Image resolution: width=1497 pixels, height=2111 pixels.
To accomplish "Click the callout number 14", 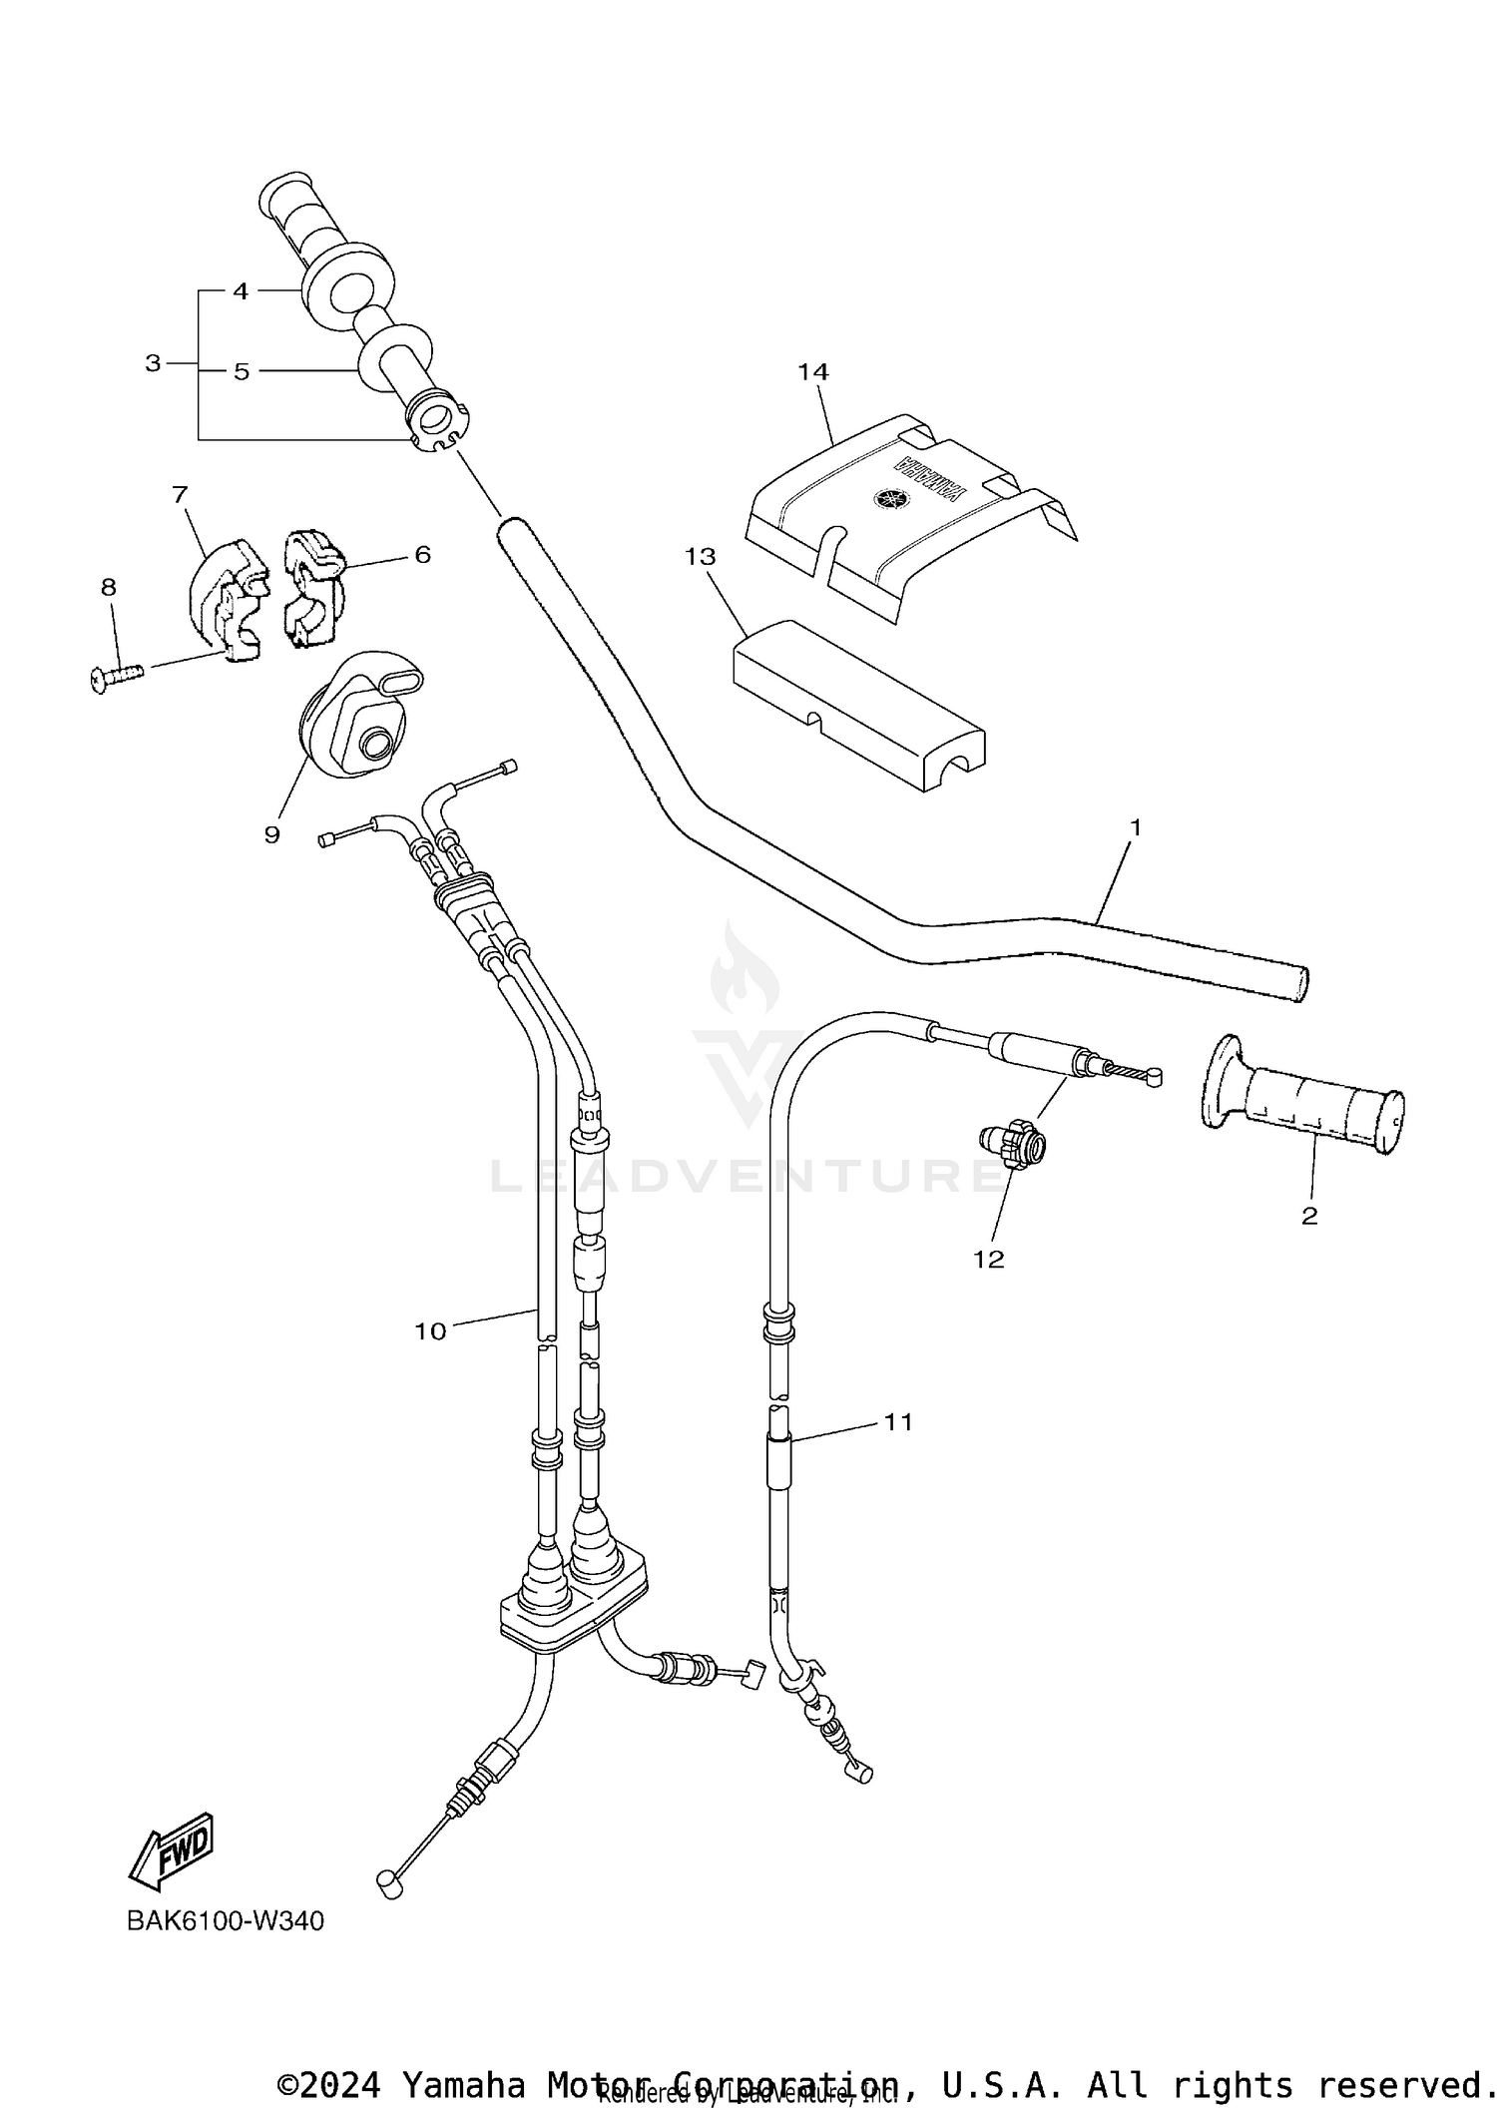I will [x=812, y=372].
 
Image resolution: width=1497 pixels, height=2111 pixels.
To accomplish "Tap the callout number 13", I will [x=701, y=556].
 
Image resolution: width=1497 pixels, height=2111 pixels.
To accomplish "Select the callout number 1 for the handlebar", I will [x=1135, y=827].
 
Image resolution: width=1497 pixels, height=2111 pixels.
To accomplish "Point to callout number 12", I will [x=988, y=1260].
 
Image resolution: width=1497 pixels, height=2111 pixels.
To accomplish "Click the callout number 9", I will [x=271, y=834].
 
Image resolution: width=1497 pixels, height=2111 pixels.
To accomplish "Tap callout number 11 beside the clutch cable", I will [x=898, y=1421].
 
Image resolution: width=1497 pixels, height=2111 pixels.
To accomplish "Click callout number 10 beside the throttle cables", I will [x=430, y=1330].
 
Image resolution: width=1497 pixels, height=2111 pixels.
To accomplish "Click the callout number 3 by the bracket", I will [x=153, y=363].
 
